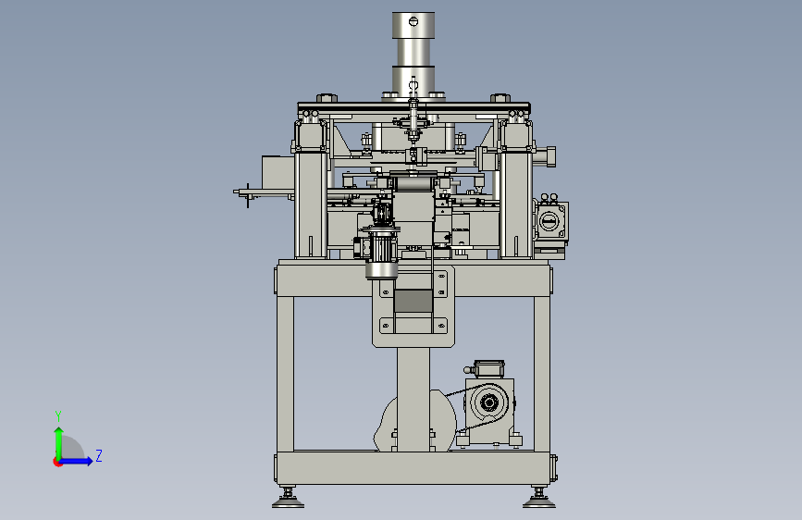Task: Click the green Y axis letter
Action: (58, 415)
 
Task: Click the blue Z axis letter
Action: (99, 455)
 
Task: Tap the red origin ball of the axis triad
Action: (57, 462)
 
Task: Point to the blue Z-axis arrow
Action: (76, 461)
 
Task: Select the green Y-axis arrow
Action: (59, 443)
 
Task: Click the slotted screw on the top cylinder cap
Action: (413, 21)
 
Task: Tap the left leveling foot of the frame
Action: (288, 499)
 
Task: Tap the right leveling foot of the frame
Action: (538, 499)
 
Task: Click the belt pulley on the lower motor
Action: (488, 402)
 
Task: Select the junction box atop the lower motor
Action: (488, 368)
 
